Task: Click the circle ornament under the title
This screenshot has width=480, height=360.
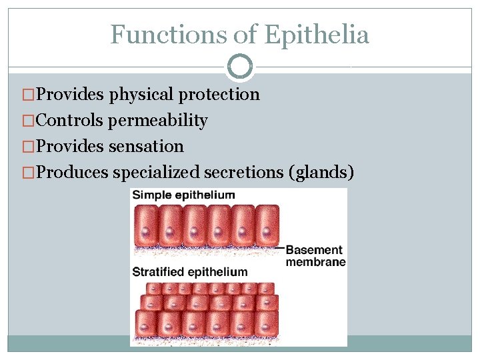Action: point(240,66)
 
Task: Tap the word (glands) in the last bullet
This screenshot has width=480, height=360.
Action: point(322,172)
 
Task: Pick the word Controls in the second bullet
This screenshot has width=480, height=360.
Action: point(69,121)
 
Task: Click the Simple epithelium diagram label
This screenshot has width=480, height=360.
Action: point(183,195)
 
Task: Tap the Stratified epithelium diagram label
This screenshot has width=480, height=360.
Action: point(190,272)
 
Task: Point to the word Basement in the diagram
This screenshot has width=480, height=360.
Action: point(313,250)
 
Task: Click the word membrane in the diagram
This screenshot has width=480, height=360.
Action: point(315,262)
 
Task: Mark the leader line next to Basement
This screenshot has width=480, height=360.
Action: point(280,249)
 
